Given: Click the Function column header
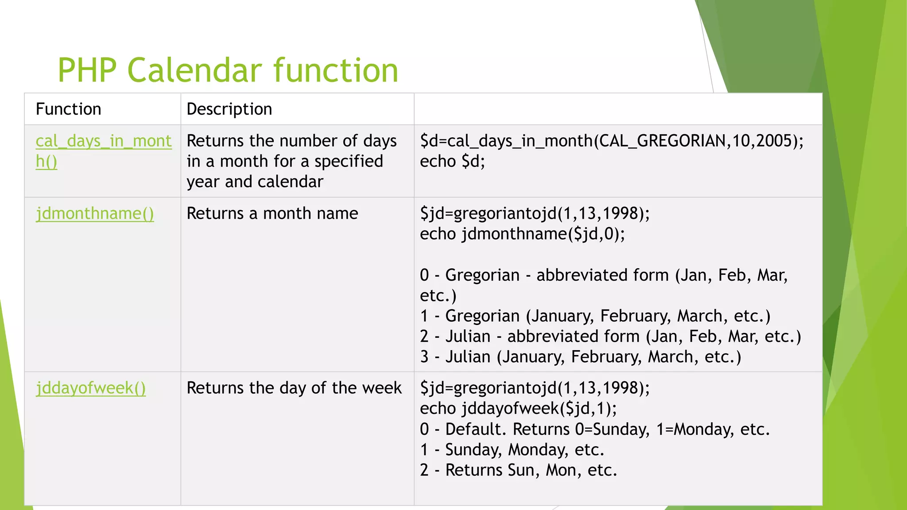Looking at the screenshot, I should (x=68, y=109).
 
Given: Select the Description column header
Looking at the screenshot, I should (x=229, y=109).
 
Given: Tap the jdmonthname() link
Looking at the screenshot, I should (x=95, y=214).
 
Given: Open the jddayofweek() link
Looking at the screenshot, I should (x=91, y=388).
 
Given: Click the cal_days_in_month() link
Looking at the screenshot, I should (x=103, y=142).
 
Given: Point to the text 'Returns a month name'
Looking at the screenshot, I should (x=272, y=214).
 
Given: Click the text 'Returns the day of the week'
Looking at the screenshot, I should (x=294, y=388).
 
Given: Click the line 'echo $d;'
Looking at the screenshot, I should (x=452, y=162).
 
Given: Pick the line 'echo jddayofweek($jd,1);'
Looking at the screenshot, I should (x=518, y=409).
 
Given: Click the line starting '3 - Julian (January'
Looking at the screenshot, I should (x=580, y=357).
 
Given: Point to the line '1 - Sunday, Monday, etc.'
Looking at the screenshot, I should (x=512, y=450).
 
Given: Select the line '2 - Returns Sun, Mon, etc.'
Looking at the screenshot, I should (x=518, y=470).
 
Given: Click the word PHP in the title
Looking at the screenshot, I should (x=87, y=71).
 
